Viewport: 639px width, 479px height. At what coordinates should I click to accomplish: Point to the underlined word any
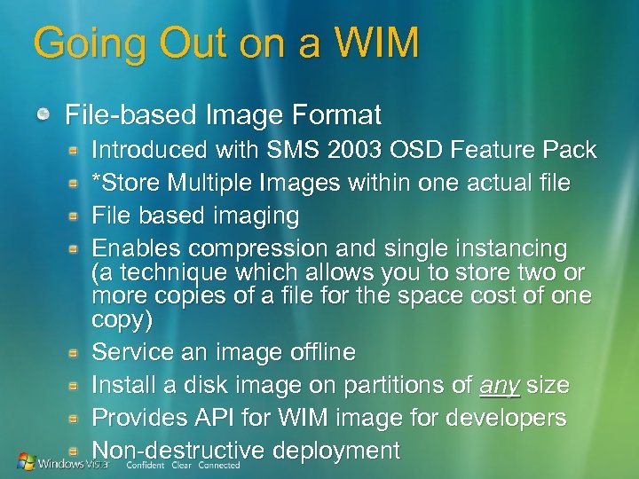500,386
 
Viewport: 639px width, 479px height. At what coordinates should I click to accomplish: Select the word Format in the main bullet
335,115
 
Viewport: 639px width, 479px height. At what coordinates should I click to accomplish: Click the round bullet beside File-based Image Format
43,115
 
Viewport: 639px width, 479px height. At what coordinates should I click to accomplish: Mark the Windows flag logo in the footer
26,461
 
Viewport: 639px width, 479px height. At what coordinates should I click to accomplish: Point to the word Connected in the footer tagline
219,465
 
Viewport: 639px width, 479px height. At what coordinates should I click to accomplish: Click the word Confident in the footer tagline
146,465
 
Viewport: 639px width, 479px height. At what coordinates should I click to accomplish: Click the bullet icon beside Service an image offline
77,353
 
